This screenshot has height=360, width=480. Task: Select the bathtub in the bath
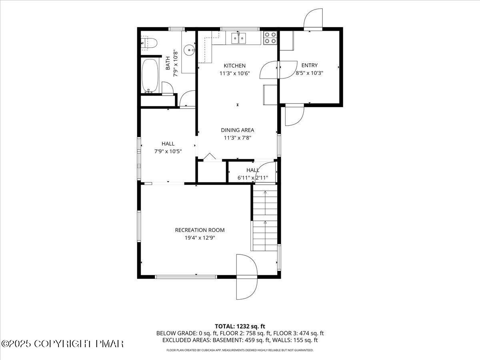[150, 76]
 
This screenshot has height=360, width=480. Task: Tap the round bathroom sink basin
[189, 50]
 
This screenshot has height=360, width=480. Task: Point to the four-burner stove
[270, 38]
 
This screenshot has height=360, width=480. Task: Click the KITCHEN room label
[235, 66]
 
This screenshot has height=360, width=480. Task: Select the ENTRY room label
[309, 66]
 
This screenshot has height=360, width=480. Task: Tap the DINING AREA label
[238, 130]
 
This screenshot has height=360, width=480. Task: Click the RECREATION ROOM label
[200, 230]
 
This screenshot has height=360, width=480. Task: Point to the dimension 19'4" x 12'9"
[200, 238]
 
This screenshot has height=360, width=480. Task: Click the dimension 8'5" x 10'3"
[309, 73]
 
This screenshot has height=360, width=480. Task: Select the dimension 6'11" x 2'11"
[253, 178]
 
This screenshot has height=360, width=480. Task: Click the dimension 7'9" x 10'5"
[168, 151]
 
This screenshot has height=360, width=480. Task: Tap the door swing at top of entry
[313, 19]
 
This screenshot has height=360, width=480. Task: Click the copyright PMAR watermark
[63, 344]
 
